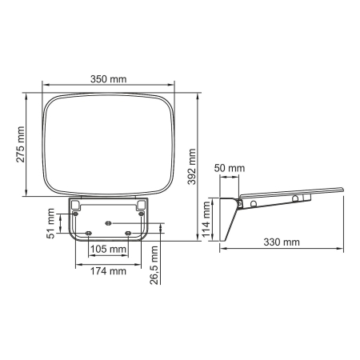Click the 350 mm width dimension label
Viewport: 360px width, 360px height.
pyautogui.click(x=108, y=79)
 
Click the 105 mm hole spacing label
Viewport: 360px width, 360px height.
pyautogui.click(x=107, y=249)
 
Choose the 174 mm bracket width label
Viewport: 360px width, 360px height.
pyautogui.click(x=107, y=271)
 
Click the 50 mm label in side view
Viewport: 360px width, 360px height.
pyautogui.click(x=230, y=168)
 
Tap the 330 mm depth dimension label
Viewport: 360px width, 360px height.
pyautogui.click(x=281, y=241)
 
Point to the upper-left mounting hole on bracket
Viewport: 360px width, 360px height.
pyautogui.click(x=75, y=214)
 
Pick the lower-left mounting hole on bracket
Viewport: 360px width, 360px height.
pyautogui.click(x=87, y=232)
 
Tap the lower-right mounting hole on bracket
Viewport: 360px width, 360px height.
pyautogui.click(x=128, y=232)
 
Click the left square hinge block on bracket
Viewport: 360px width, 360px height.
pyautogui.click(x=74, y=205)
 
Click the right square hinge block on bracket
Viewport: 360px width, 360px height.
pyautogui.click(x=141, y=205)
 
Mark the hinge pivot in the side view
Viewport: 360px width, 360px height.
pyautogui.click(x=239, y=204)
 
